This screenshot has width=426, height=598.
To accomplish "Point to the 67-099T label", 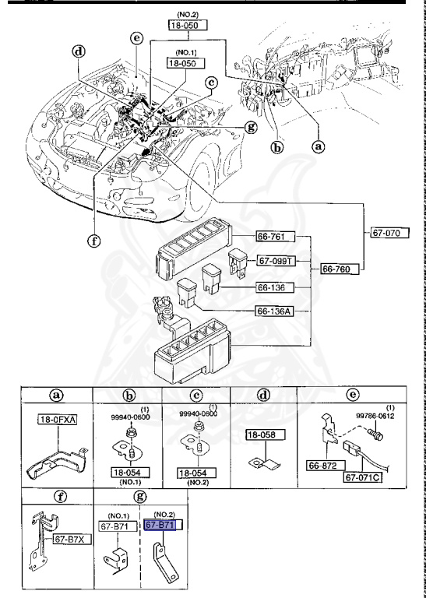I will point(275,260).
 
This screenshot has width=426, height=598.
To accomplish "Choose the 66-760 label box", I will point(338,269).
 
